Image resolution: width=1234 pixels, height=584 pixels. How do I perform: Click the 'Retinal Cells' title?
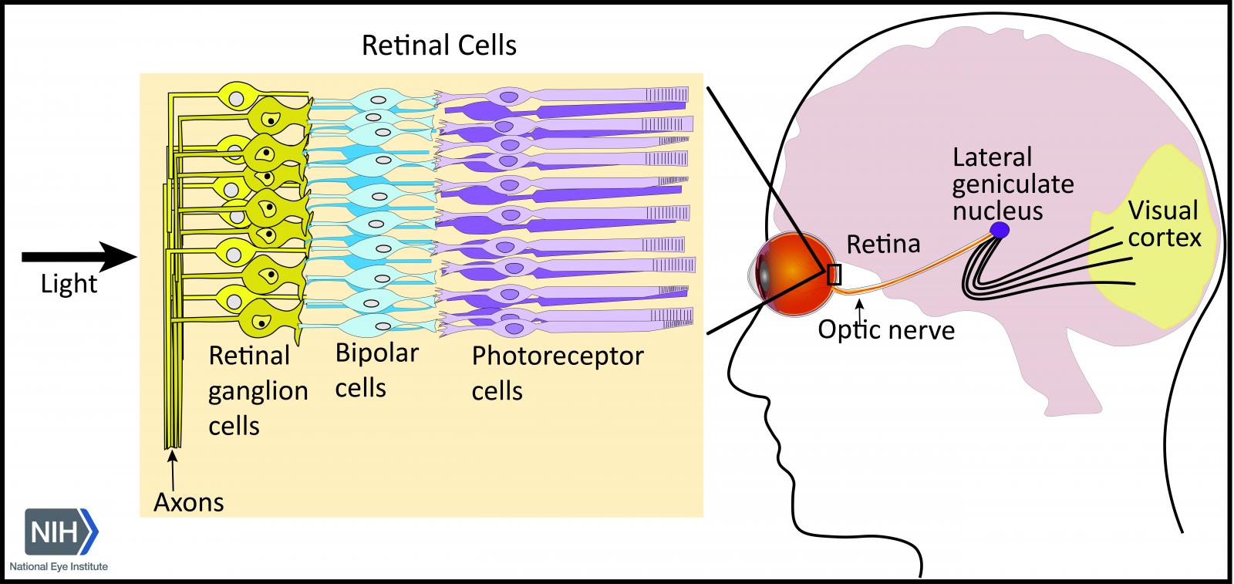439,46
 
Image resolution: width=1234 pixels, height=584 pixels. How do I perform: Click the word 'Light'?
69,285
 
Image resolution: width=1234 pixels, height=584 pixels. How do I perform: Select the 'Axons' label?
188,502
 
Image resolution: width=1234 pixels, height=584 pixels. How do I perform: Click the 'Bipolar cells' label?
376,370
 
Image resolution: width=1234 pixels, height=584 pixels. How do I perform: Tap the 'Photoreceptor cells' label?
557,373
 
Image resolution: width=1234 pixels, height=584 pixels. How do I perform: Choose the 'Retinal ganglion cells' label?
258,390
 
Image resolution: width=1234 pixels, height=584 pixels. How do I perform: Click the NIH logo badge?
62,532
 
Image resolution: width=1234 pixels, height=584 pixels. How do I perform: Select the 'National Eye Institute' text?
59,567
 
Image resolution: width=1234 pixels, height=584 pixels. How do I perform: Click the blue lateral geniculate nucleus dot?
1000,229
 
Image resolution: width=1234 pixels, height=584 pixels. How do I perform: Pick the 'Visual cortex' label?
1164,224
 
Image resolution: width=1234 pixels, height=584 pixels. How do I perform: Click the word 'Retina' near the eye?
883,245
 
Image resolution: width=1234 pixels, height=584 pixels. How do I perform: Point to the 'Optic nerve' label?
886,330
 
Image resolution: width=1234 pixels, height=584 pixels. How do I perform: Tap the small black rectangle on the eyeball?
834,275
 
